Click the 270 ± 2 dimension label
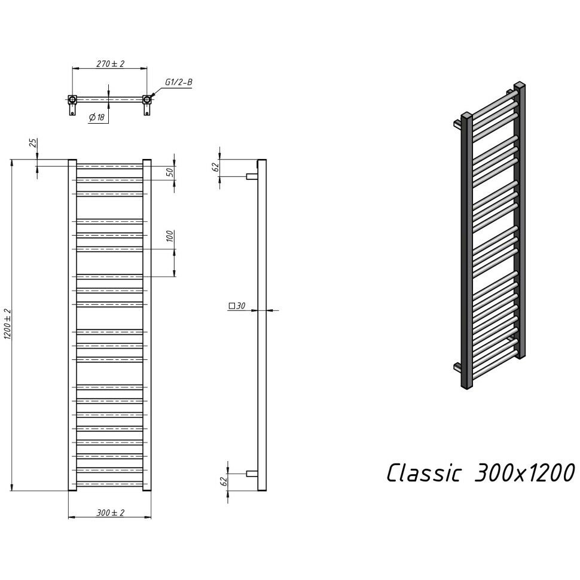[x=109, y=63]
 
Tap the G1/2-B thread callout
[x=178, y=83]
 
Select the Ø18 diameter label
[x=97, y=118]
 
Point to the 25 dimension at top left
[x=33, y=144]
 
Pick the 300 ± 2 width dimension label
[x=109, y=512]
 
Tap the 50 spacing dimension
[x=170, y=172]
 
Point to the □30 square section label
[x=237, y=306]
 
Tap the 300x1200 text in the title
[x=523, y=472]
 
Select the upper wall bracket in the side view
[x=252, y=176]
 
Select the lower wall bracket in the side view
[x=252, y=474]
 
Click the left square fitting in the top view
[x=72, y=99]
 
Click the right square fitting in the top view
[x=146, y=99]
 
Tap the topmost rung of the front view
[x=109, y=166]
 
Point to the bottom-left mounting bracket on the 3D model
[x=457, y=367]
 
